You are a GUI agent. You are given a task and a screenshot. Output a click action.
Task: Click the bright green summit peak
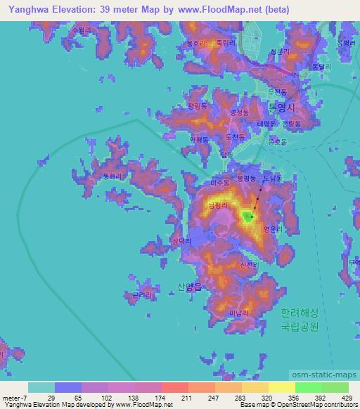coord(247,216)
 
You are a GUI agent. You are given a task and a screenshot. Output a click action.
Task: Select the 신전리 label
coord(249,265)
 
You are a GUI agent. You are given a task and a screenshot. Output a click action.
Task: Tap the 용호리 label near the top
coord(195,44)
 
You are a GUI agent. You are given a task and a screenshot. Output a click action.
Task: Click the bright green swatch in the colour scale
coord(307,387)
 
